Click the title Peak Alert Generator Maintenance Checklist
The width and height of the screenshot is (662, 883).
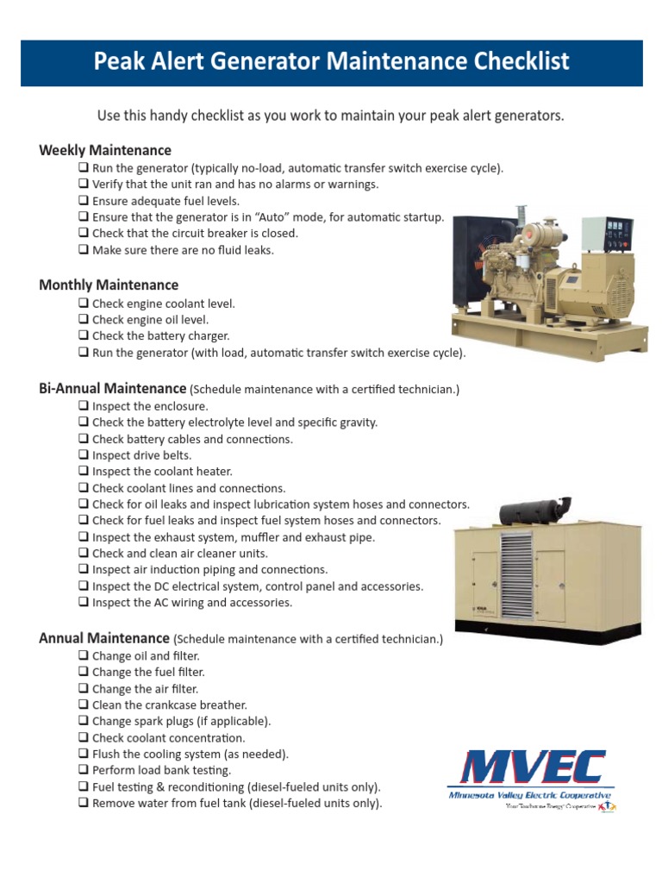click(331, 62)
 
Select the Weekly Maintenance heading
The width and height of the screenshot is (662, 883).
click(104, 150)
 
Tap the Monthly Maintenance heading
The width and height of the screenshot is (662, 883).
click(109, 285)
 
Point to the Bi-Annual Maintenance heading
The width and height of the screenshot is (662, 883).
click(112, 389)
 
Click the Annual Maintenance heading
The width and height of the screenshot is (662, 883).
click(103, 638)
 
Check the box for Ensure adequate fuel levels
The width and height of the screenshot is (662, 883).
click(84, 201)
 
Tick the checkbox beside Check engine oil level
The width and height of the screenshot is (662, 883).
click(84, 320)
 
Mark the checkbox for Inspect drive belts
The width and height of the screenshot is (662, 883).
click(84, 455)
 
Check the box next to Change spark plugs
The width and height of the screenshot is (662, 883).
click(84, 721)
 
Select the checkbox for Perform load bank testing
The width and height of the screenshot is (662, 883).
click(84, 770)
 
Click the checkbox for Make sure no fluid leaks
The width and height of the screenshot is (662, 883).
click(84, 250)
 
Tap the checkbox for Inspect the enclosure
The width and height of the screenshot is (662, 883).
click(84, 405)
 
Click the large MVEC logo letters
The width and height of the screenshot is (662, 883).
click(529, 768)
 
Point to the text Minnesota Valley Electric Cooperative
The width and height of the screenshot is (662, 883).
click(529, 795)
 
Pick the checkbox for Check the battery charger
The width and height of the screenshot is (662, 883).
click(84, 336)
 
